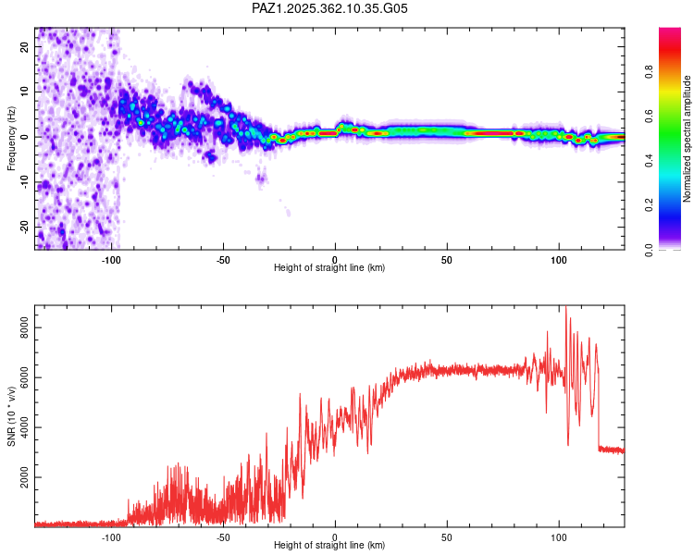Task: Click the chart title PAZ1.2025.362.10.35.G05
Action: pyautogui.click(x=329, y=8)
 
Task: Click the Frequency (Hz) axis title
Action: pyautogui.click(x=11, y=139)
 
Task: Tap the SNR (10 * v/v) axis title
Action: pyautogui.click(x=11, y=415)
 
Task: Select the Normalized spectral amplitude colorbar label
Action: pyautogui.click(x=687, y=139)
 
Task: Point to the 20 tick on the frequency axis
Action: pyautogui.click(x=24, y=46)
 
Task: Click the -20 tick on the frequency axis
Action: pyautogui.click(x=24, y=227)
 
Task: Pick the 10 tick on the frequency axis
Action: pyautogui.click(x=24, y=92)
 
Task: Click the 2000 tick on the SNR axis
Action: pyautogui.click(x=24, y=478)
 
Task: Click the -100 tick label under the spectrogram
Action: pyautogui.click(x=111, y=259)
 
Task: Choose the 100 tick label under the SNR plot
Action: pyautogui.click(x=558, y=536)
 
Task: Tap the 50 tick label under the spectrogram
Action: pyautogui.click(x=447, y=259)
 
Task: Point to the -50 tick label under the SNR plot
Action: pyautogui.click(x=223, y=536)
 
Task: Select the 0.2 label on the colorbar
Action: pyautogui.click(x=650, y=205)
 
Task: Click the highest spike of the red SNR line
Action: pyautogui.click(x=566, y=309)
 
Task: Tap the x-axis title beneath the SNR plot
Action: pyautogui.click(x=329, y=546)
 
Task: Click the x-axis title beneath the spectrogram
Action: pyautogui.click(x=329, y=268)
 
